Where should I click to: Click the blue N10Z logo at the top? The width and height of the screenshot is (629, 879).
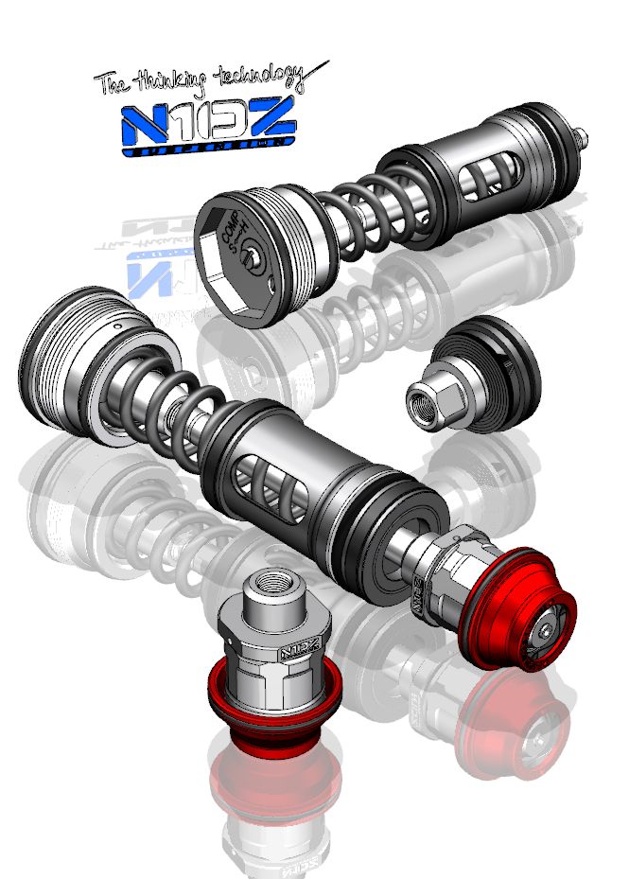(210, 126)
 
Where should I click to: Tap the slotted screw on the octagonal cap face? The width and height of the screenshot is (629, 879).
(247, 255)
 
